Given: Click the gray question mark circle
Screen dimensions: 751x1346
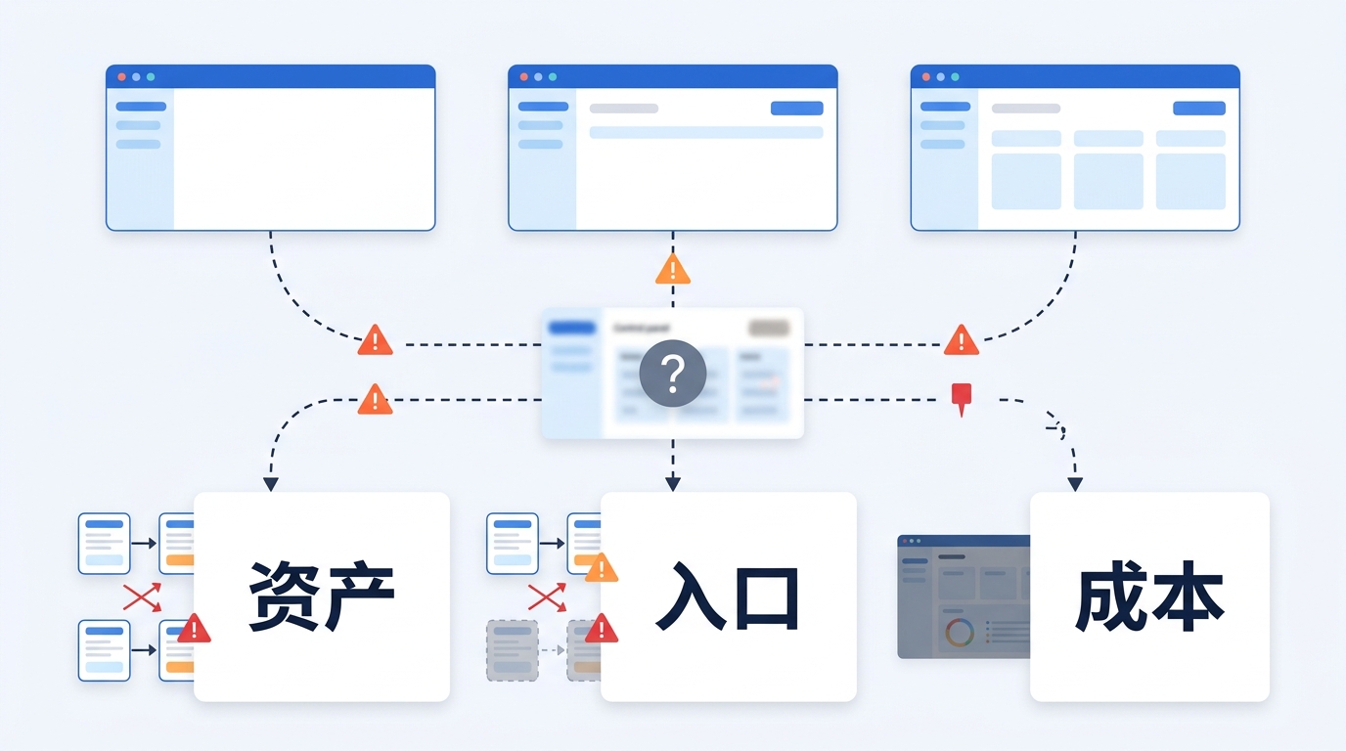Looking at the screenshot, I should pyautogui.click(x=672, y=374).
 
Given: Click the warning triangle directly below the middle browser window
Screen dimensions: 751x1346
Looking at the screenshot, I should pyautogui.click(x=672, y=270).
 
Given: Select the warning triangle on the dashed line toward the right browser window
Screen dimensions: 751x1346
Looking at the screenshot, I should pyautogui.click(x=962, y=340).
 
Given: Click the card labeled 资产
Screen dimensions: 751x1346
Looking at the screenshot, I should pyautogui.click(x=321, y=596).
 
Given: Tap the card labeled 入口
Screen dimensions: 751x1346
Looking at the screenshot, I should pyautogui.click(x=728, y=596).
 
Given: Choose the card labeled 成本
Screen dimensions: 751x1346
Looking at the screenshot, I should pyautogui.click(x=1149, y=596).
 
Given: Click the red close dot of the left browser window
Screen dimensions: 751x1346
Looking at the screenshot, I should pyautogui.click(x=122, y=76).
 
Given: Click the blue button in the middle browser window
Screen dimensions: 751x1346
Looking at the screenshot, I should pyautogui.click(x=796, y=109).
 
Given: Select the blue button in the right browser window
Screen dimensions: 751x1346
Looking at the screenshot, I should pyautogui.click(x=1198, y=109).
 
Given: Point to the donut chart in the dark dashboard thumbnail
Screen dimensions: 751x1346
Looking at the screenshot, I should pyautogui.click(x=960, y=633).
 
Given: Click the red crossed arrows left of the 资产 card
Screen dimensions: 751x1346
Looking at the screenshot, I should pyautogui.click(x=142, y=596).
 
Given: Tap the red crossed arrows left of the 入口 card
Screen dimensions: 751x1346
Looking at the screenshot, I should pyautogui.click(x=547, y=596).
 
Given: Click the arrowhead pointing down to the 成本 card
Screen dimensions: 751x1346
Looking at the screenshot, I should pyautogui.click(x=1075, y=484).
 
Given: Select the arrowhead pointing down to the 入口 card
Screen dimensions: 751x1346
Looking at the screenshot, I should pyautogui.click(x=672, y=483).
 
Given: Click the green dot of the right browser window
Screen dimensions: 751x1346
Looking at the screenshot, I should pyautogui.click(x=955, y=76).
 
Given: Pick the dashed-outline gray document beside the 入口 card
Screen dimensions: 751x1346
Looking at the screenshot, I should pyautogui.click(x=512, y=650).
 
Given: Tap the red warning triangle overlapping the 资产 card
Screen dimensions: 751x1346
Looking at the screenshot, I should pyautogui.click(x=194, y=629).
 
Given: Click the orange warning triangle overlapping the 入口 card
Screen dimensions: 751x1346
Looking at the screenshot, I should pyautogui.click(x=601, y=568).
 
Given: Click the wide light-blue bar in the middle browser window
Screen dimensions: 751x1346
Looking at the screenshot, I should pyautogui.click(x=705, y=132).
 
